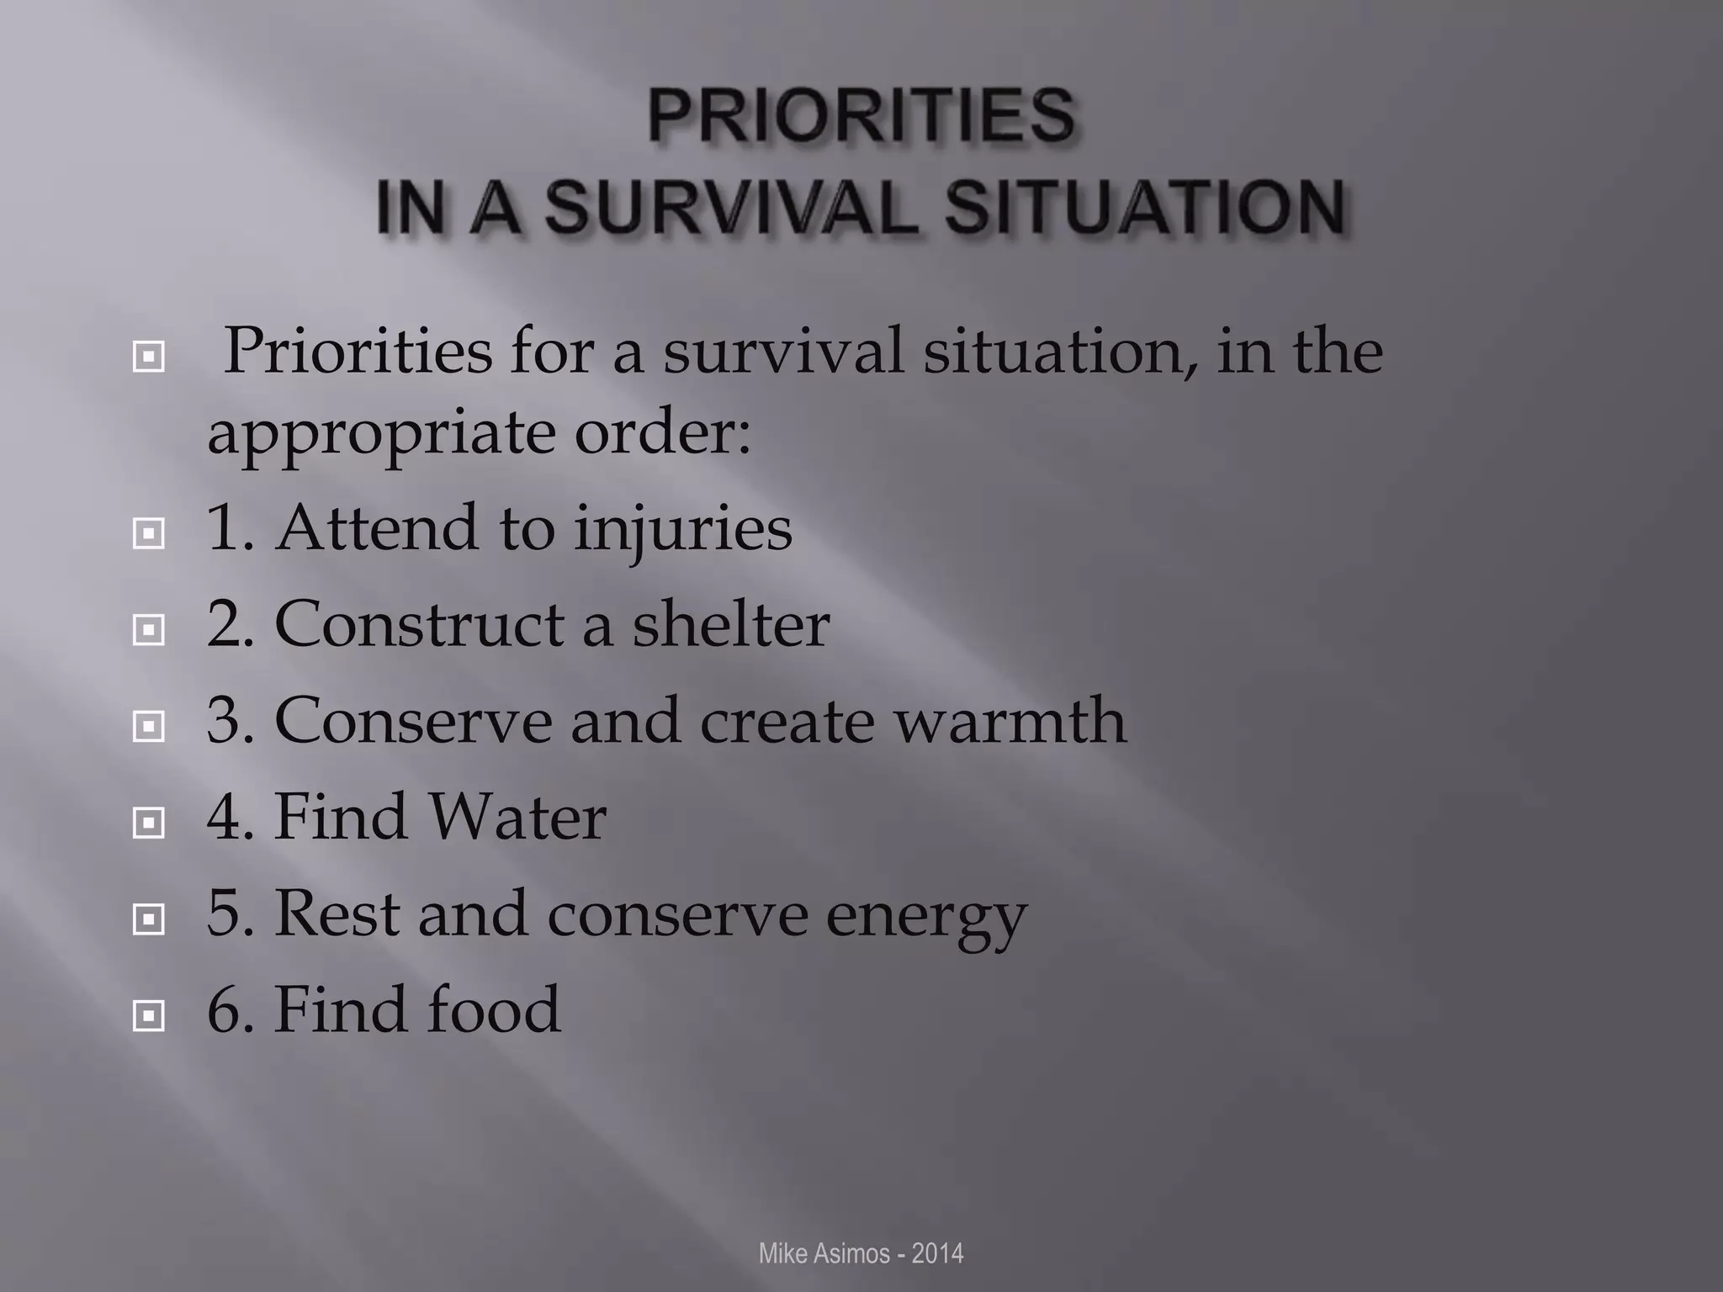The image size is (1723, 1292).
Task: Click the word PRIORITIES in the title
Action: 861,115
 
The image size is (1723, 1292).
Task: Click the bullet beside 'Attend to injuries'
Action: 149,532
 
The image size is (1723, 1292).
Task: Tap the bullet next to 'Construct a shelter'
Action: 149,628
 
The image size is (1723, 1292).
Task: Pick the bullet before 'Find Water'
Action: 149,822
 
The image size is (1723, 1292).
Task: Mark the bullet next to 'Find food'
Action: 149,1016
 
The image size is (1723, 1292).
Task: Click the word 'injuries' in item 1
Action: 683,530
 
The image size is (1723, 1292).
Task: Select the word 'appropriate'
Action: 382,436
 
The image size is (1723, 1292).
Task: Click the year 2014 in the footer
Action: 937,1253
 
